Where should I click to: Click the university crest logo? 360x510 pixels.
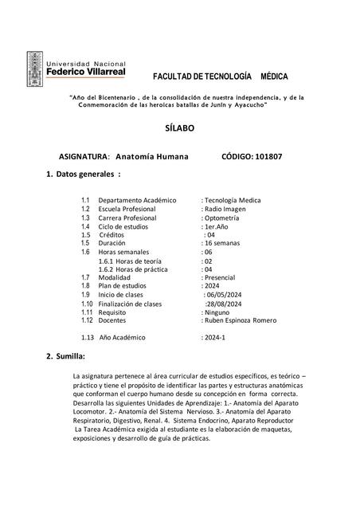click(x=35, y=70)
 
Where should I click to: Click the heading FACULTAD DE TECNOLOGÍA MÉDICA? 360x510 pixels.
click(x=220, y=76)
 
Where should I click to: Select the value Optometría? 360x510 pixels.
click(x=226, y=217)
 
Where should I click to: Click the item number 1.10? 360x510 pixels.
click(x=88, y=303)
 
